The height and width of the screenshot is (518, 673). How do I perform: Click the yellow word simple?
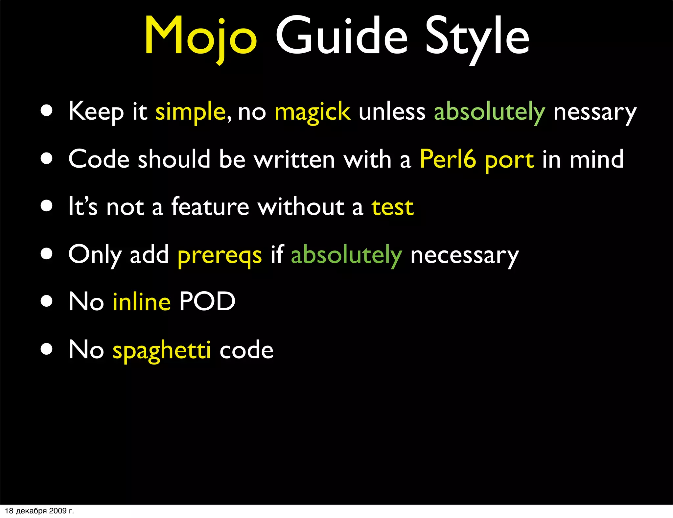(x=190, y=112)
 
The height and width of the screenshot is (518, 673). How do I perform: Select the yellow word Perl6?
(x=448, y=159)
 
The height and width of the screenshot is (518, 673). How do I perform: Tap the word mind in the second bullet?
(x=596, y=159)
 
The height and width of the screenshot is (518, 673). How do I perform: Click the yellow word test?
(x=392, y=207)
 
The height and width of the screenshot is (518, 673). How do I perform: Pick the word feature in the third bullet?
(x=210, y=207)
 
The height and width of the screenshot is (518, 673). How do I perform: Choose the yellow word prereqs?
(x=220, y=255)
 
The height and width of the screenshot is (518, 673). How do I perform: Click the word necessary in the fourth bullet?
(x=464, y=255)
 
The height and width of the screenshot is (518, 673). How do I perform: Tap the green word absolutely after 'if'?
(x=346, y=255)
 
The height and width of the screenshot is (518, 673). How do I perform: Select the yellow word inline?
(x=142, y=302)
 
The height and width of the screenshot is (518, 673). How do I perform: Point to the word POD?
(x=207, y=302)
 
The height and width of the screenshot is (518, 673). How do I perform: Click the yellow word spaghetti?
(x=162, y=350)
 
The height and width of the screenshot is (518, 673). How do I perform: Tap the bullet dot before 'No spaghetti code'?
(x=47, y=349)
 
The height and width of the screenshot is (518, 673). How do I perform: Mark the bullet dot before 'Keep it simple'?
(x=47, y=111)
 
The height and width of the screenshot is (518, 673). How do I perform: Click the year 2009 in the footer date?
(x=58, y=511)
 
